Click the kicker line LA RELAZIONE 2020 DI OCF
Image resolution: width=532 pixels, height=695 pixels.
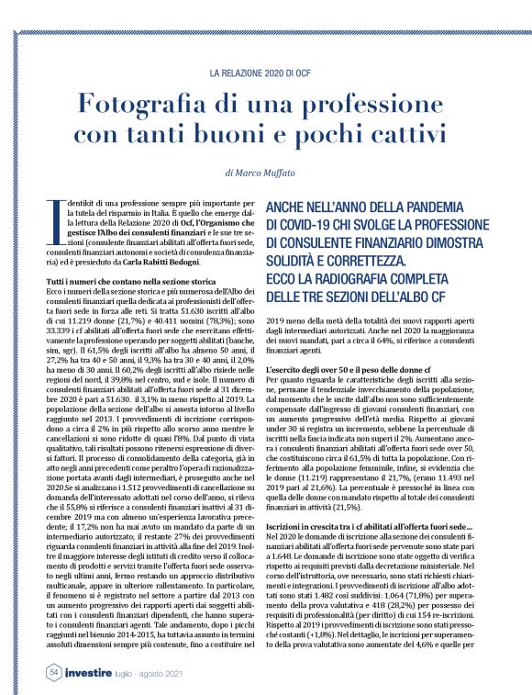266,71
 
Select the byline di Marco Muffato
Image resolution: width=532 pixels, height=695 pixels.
265,172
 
